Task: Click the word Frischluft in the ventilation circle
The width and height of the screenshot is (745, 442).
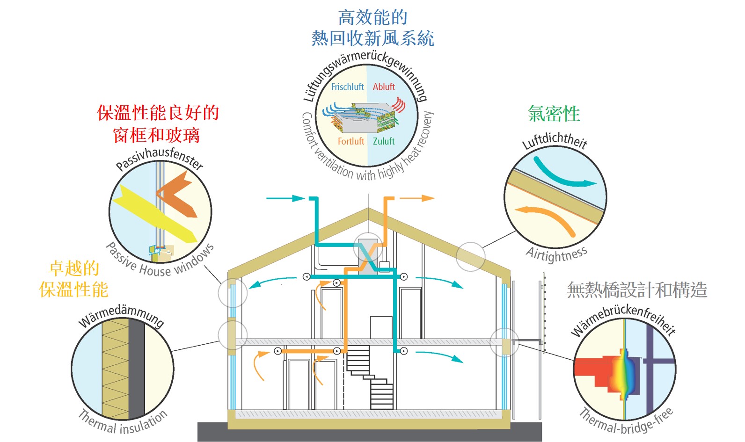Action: [x=347, y=87]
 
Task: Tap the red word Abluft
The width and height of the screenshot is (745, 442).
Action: [x=384, y=87]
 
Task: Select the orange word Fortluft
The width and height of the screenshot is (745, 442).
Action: [x=351, y=141]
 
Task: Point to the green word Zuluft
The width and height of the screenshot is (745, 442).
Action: [x=384, y=141]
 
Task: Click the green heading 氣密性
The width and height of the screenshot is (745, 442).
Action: [x=554, y=114]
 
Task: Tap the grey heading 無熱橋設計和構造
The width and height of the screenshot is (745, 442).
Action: [x=637, y=290]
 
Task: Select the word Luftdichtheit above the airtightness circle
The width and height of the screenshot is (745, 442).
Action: [x=555, y=139]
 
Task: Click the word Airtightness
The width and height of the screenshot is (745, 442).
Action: [x=557, y=255]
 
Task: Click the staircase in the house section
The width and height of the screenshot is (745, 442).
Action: [x=370, y=377]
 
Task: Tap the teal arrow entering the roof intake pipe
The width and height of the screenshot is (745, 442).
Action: [x=285, y=198]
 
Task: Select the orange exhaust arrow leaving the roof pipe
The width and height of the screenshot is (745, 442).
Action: [x=417, y=198]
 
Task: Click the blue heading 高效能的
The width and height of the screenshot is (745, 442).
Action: [x=372, y=17]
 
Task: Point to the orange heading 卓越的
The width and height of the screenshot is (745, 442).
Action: [x=74, y=268]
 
